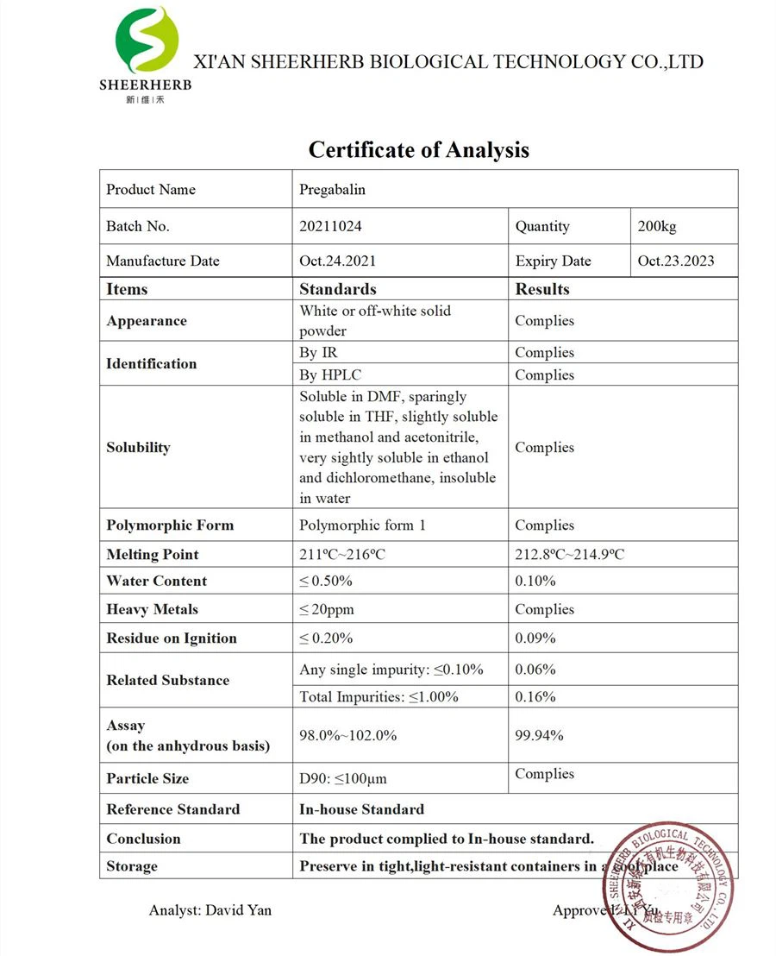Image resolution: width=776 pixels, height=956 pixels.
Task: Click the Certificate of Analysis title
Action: pos(418,149)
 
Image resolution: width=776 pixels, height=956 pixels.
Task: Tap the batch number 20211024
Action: pos(330,226)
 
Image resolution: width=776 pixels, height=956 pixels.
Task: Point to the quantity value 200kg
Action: pos(657,226)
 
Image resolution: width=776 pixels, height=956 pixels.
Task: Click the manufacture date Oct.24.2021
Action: pos(337,261)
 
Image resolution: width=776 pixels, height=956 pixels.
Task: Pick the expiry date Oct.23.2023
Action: pos(675,261)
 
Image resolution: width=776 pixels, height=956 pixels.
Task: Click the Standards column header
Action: pos(337,289)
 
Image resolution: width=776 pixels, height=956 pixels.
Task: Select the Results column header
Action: pos(542,289)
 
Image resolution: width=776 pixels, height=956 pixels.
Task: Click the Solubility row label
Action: pos(138,447)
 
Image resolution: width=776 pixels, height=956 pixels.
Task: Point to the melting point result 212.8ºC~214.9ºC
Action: pos(569,554)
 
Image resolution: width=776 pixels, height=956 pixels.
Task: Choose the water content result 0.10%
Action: pos(535,581)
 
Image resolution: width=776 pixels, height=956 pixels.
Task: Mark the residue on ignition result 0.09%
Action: pos(535,638)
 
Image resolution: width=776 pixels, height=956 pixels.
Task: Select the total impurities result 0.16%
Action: pos(535,696)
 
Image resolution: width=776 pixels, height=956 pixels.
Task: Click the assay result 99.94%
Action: pos(539,735)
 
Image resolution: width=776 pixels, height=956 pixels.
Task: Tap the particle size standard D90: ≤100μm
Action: pos(342,778)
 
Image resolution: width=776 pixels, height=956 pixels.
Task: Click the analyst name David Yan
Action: pos(238,910)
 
